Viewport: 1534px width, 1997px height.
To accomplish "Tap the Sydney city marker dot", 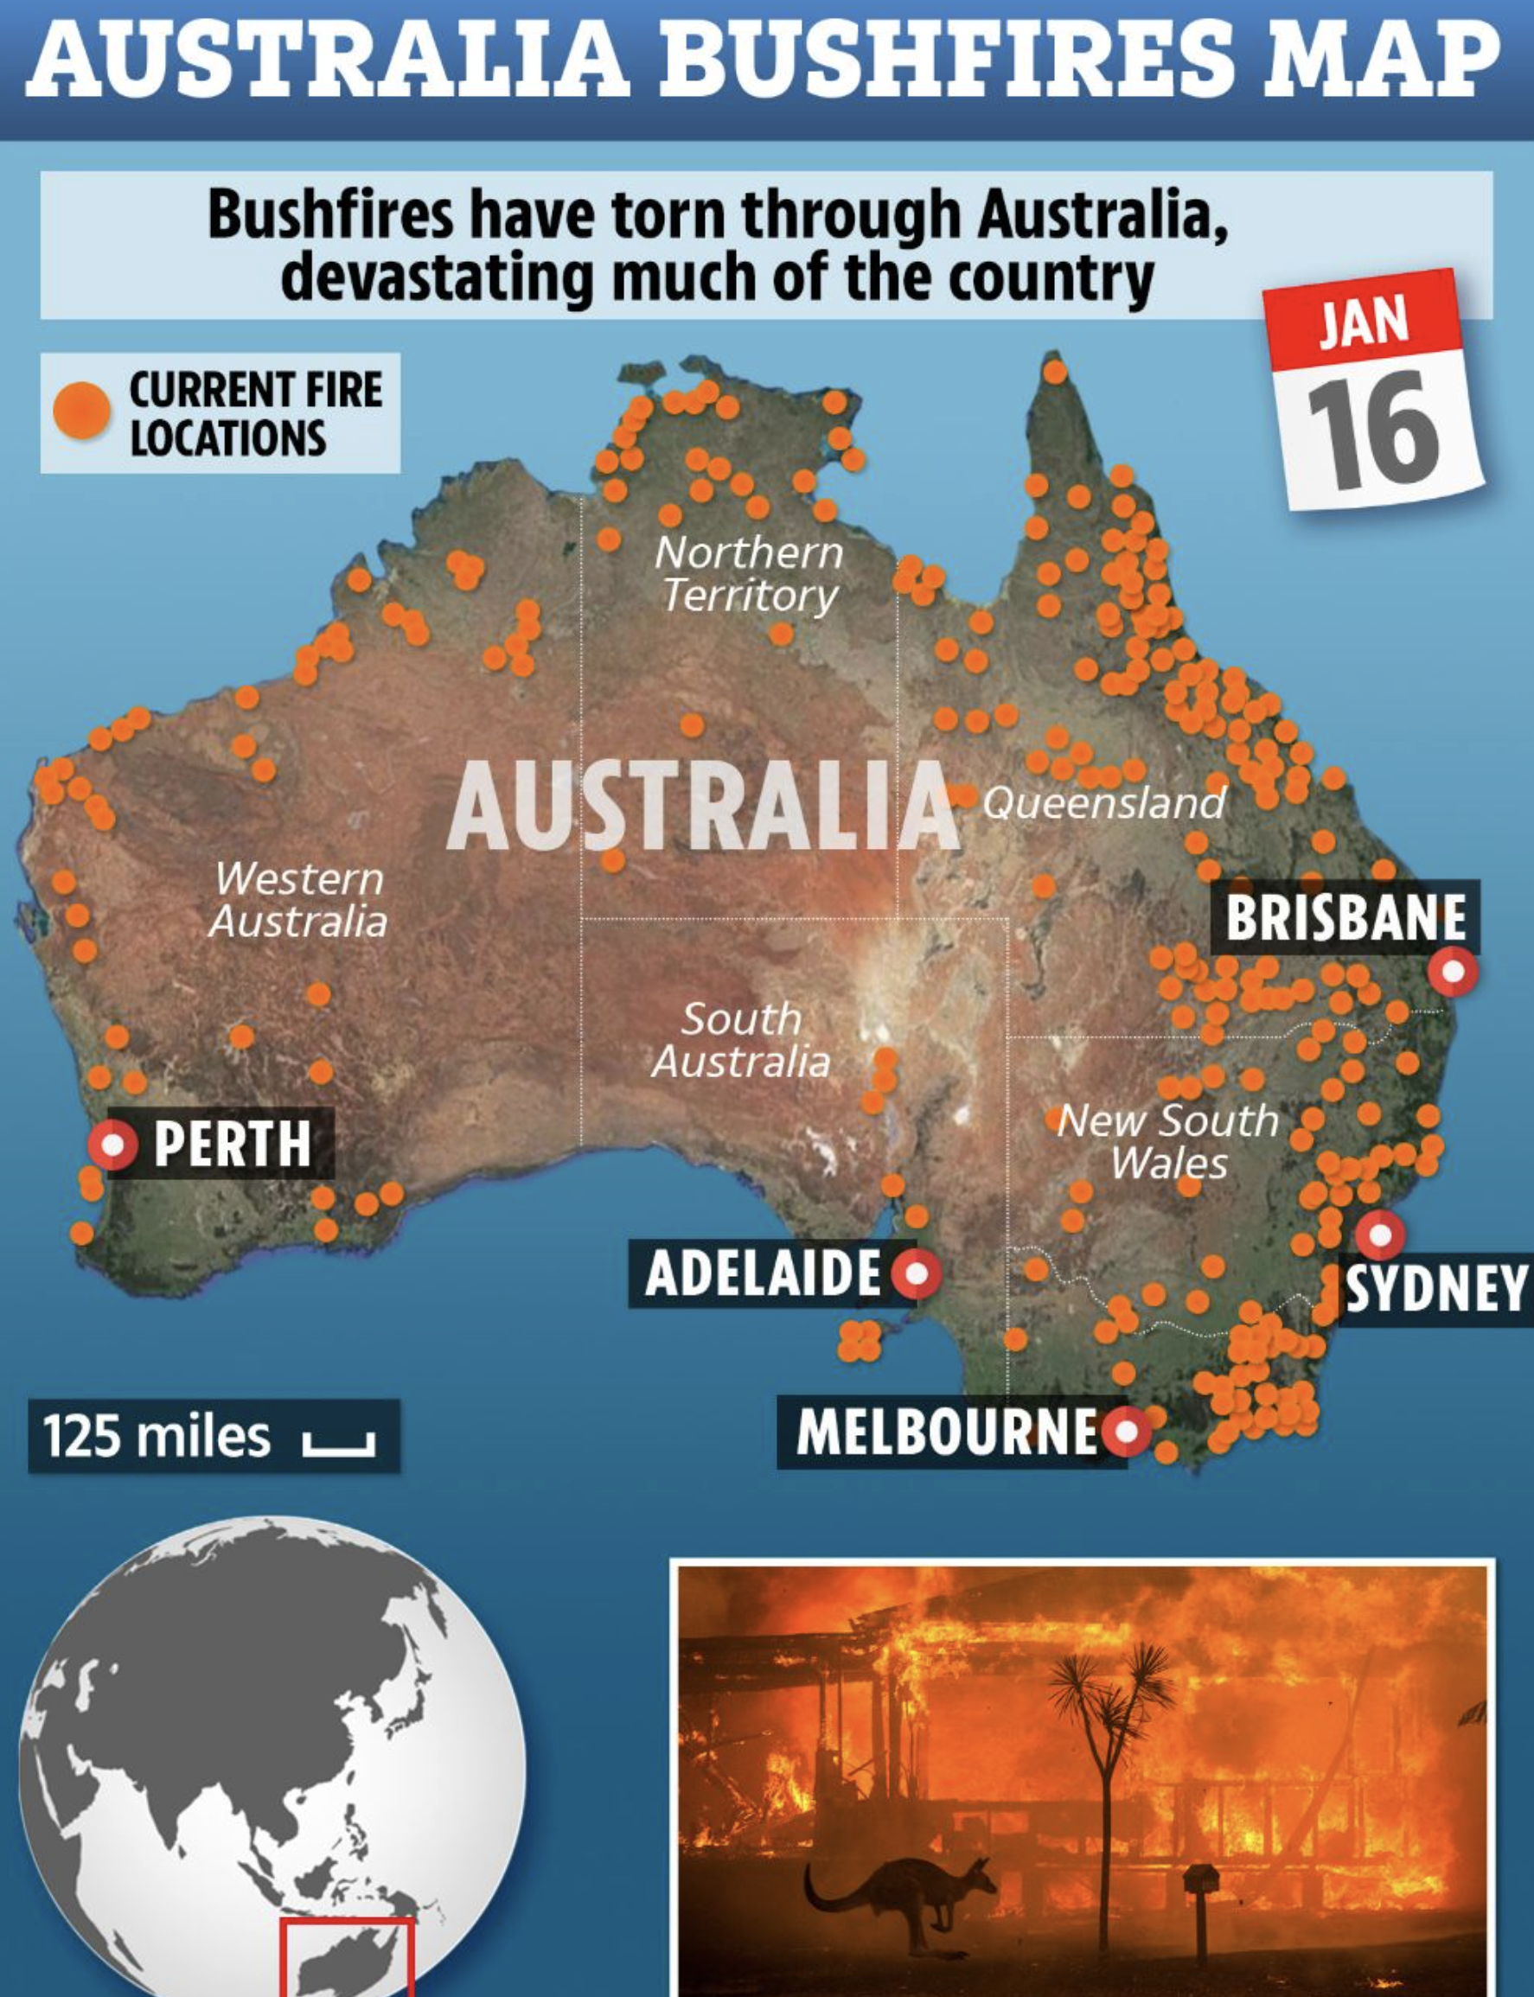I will (1380, 1235).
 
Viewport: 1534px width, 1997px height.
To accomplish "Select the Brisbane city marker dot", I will (1453, 970).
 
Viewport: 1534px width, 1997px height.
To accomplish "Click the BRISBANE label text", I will (1345, 917).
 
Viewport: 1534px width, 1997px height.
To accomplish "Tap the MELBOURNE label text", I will (947, 1432).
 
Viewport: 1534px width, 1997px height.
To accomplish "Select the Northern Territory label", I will (749, 574).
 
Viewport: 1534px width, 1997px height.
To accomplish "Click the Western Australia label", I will (298, 899).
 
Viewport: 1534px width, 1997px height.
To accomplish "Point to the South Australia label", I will (740, 1041).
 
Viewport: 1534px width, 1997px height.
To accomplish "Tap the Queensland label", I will (1103, 803).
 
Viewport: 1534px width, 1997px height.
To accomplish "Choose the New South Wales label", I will (1168, 1142).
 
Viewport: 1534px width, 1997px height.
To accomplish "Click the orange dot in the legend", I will (82, 412).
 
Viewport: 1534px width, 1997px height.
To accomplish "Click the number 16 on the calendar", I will (1373, 431).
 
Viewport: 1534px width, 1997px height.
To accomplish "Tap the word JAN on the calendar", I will (1364, 323).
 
